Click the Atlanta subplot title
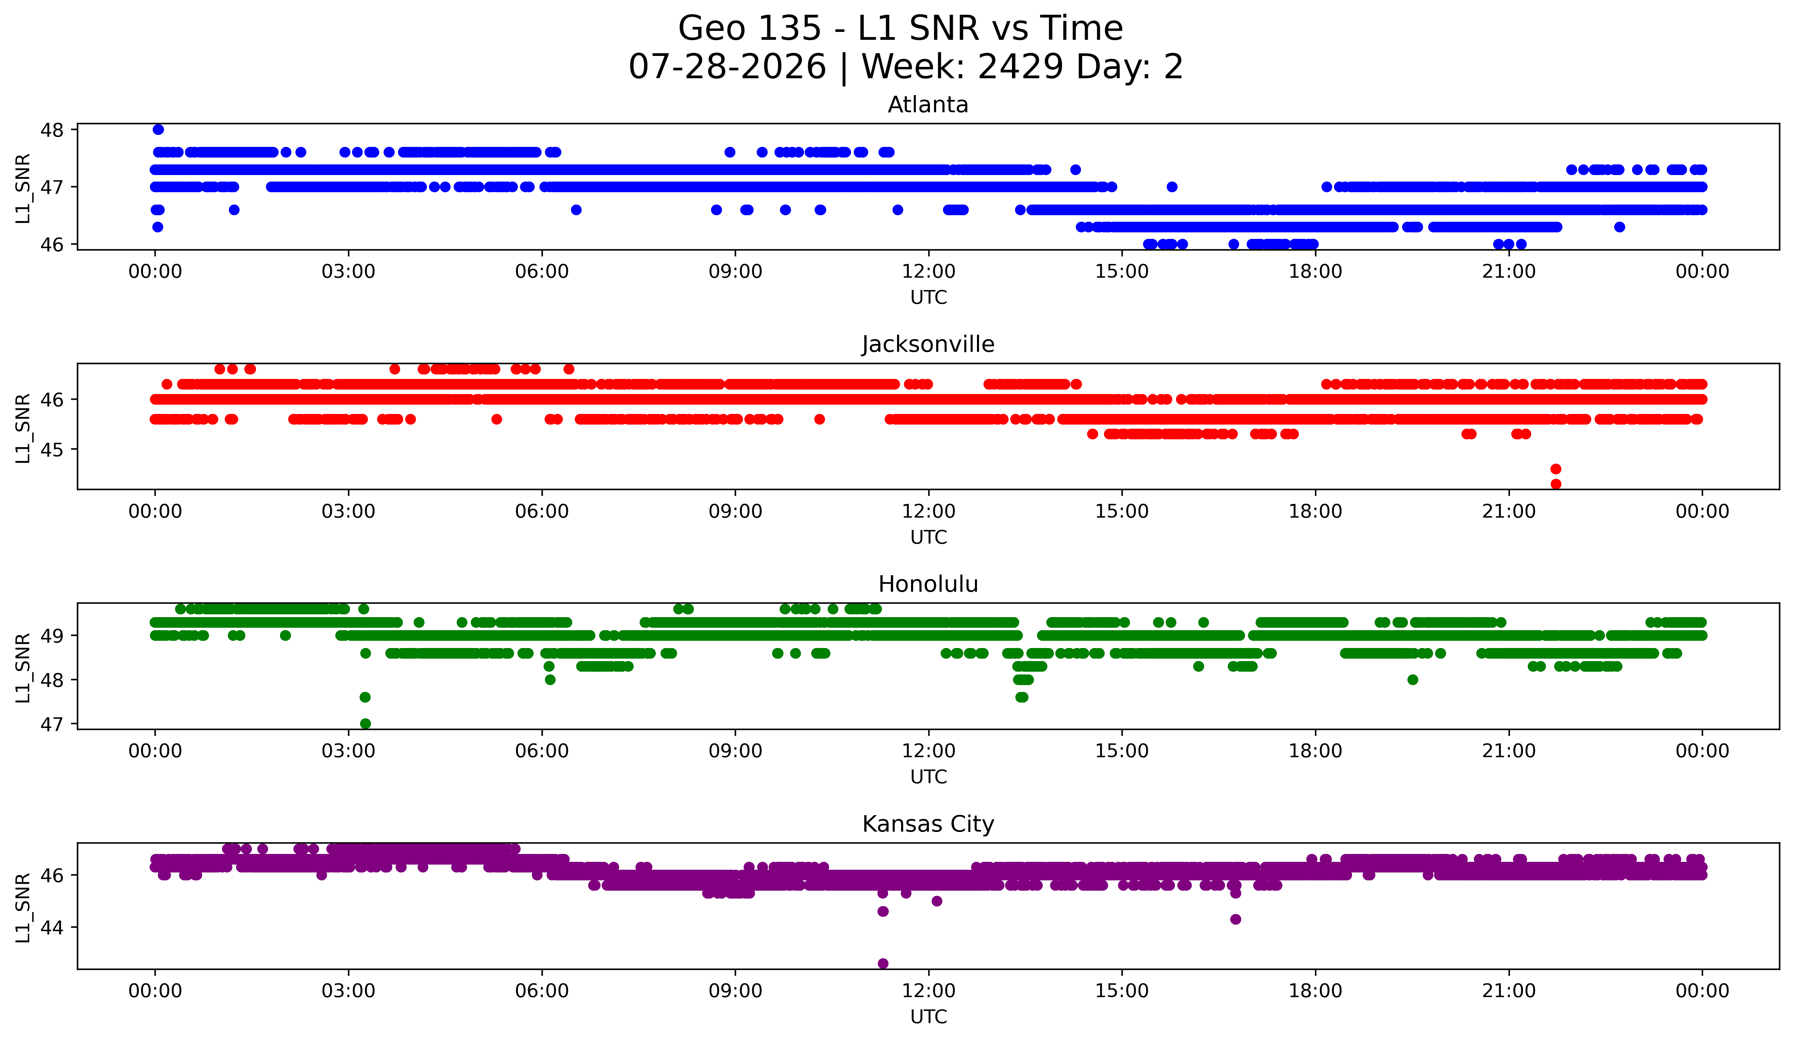click(928, 105)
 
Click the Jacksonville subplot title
click(928, 344)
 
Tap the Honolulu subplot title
click(928, 584)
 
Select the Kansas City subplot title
click(928, 824)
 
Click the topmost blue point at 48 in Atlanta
click(158, 129)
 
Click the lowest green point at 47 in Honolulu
click(365, 724)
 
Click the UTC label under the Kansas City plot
click(929, 1017)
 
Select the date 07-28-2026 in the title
click(727, 67)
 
